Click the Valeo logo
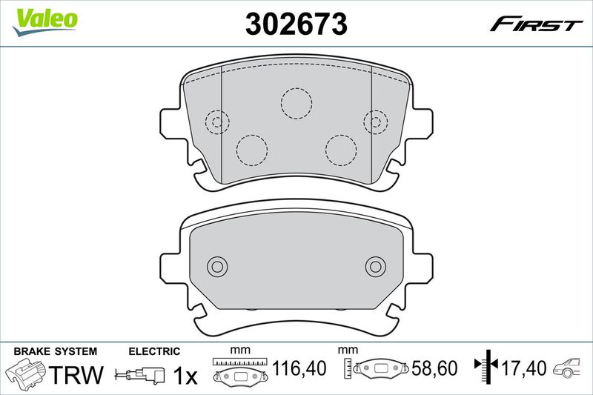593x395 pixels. pos(44,22)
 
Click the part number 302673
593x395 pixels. pos(296,24)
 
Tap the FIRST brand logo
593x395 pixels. pos(536,24)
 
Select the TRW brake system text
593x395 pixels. pos(76,374)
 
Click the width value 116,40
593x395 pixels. pos(299,368)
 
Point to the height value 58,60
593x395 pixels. pos(434,368)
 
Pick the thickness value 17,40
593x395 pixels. pos(524,368)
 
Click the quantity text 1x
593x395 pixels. pos(185,375)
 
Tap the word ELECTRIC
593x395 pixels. pos(154,351)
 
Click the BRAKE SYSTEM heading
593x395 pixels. pos(55,351)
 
